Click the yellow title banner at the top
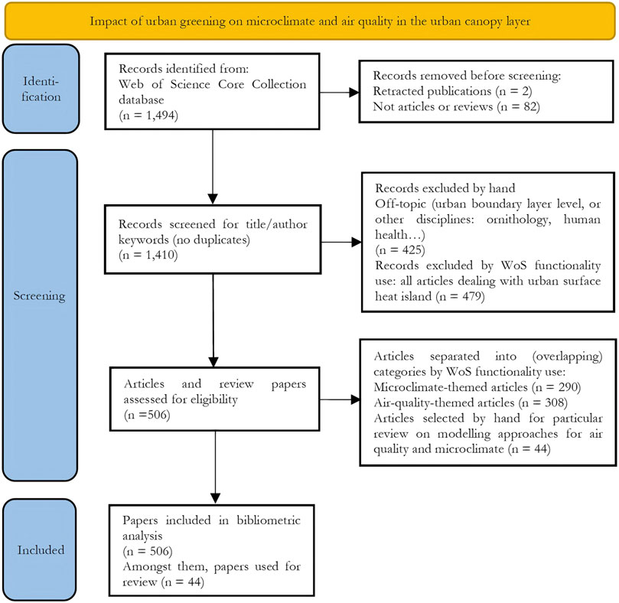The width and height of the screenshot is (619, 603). click(x=310, y=21)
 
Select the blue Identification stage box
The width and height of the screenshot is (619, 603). click(x=41, y=89)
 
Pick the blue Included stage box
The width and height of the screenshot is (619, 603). click(x=40, y=549)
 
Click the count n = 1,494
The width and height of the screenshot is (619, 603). click(x=148, y=116)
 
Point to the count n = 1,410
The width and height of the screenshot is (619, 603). click(x=148, y=255)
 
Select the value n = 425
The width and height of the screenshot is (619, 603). click(x=400, y=250)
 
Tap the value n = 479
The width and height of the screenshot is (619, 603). click(x=461, y=296)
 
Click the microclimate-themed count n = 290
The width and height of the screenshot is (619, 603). click(x=556, y=387)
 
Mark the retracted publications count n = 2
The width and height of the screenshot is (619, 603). click(x=514, y=91)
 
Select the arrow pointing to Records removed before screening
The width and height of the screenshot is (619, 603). click(x=339, y=93)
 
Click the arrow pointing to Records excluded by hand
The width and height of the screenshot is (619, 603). click(x=341, y=242)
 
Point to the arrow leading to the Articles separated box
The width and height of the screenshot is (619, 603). click(x=340, y=399)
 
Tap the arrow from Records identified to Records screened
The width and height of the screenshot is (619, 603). click(x=213, y=167)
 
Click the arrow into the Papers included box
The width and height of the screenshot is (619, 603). click(x=215, y=467)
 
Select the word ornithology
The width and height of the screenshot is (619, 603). click(x=519, y=220)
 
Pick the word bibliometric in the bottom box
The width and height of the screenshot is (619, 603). click(x=269, y=520)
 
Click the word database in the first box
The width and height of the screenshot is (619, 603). click(x=142, y=99)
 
